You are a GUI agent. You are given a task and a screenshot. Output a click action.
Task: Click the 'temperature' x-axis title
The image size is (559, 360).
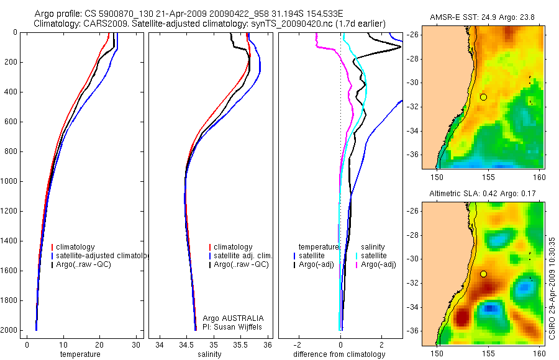point(80,354)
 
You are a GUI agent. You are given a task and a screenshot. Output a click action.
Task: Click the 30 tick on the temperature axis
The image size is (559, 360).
point(136,344)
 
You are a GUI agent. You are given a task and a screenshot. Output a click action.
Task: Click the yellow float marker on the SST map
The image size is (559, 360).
point(483,97)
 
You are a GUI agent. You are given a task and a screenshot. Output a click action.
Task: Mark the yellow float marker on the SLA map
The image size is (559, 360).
point(483,274)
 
